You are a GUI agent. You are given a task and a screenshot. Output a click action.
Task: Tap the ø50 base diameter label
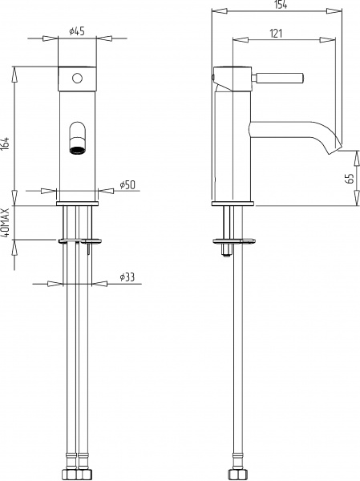[127, 185]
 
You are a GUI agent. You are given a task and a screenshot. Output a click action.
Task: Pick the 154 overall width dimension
[280, 6]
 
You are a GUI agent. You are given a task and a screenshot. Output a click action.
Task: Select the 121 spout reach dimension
[276, 33]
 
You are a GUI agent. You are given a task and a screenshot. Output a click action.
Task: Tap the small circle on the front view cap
[78, 78]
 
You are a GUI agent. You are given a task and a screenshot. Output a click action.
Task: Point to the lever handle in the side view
[281, 78]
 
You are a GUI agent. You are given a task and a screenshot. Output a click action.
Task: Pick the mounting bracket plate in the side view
[232, 240]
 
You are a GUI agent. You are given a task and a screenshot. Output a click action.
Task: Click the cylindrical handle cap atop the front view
[78, 79]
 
